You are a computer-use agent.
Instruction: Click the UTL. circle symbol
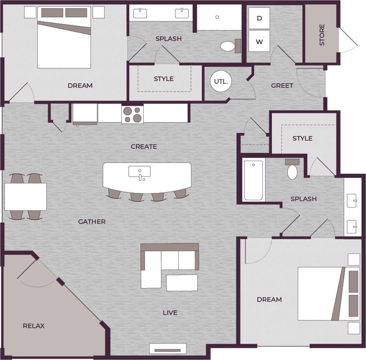coord(221,82)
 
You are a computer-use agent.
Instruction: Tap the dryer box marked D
coord(259,18)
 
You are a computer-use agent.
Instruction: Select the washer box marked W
coord(259,42)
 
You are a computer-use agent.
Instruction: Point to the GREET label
coord(282,86)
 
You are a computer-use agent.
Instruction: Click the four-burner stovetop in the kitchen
coord(132,114)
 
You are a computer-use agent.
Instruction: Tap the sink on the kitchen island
coord(140,172)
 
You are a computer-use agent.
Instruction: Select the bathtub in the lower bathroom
coord(254,180)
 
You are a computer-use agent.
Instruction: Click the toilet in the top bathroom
coord(227,46)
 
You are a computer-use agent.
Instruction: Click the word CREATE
coord(144,147)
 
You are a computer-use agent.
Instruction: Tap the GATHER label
coord(92,222)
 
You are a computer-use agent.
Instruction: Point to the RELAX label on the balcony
coord(34,326)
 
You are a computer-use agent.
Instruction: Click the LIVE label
coord(170,313)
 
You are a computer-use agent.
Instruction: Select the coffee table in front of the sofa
coord(182,282)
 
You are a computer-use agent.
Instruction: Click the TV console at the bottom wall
coord(168,349)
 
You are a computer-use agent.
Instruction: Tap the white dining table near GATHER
coord(25,197)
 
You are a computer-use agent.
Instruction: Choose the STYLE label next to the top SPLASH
coord(164,79)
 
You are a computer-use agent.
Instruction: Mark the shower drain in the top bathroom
coord(217,17)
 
